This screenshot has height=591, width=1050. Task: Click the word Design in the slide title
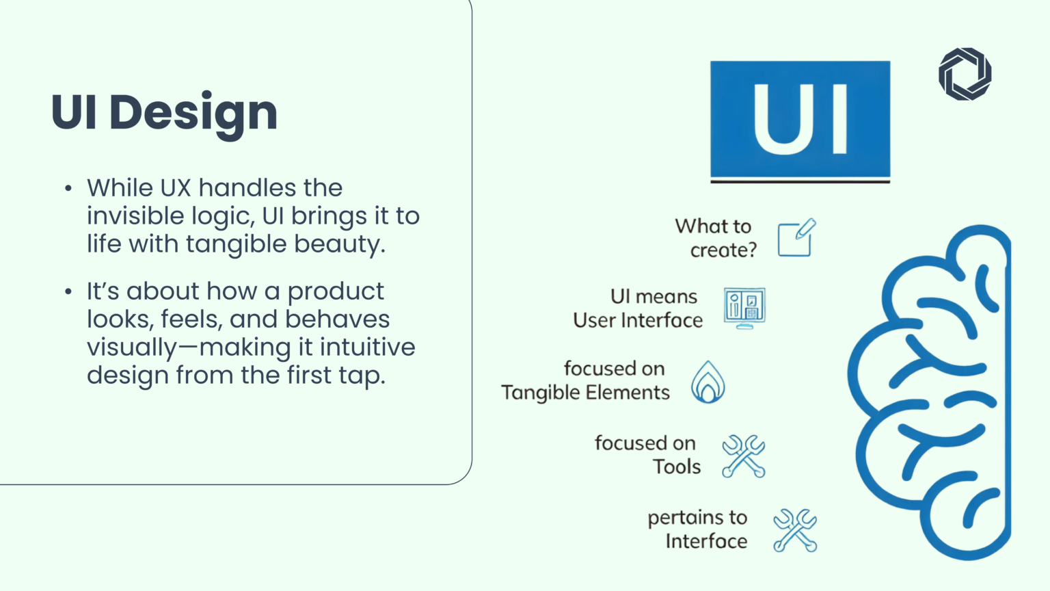(193, 113)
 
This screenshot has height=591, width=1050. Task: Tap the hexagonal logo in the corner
(965, 74)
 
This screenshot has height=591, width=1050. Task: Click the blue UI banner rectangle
(800, 119)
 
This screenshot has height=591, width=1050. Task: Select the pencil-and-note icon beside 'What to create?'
(796, 238)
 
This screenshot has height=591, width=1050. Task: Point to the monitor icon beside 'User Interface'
(744, 308)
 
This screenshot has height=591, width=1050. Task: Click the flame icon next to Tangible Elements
(708, 382)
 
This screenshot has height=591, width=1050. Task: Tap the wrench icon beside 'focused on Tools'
(743, 456)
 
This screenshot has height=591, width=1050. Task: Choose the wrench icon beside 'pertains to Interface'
(795, 530)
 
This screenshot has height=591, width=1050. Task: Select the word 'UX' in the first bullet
(176, 188)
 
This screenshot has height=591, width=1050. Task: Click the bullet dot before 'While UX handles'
(68, 189)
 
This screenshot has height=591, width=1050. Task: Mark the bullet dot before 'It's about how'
(68, 292)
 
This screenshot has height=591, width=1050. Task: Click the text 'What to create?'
(716, 238)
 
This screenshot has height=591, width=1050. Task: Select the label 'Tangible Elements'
(585, 393)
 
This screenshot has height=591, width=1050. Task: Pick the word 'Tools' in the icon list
(677, 467)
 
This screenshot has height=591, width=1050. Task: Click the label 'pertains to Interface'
(698, 529)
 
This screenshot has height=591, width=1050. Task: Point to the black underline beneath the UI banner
(800, 181)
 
